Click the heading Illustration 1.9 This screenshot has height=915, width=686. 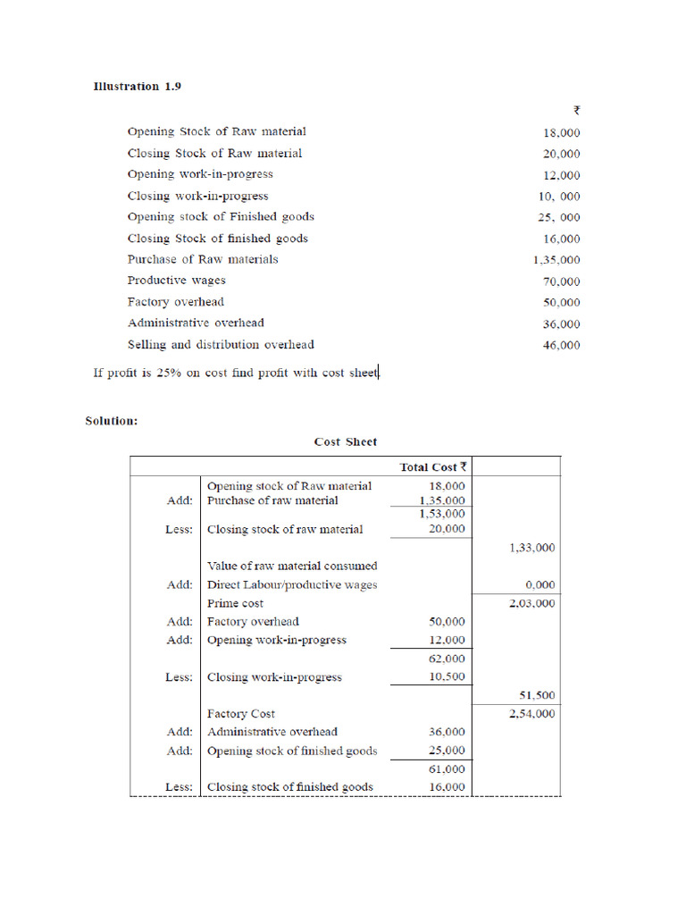138,87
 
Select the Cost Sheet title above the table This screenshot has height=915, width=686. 346,441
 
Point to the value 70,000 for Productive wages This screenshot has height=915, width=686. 561,281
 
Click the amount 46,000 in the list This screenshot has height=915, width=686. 561,346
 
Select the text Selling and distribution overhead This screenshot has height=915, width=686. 221,344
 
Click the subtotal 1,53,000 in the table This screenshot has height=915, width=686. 441,514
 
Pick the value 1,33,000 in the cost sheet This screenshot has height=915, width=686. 531,547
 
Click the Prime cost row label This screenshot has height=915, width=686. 235,603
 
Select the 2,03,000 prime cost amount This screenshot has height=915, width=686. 531,603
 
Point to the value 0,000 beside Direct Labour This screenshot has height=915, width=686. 540,584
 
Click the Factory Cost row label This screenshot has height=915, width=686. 241,714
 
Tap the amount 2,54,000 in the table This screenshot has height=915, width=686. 531,714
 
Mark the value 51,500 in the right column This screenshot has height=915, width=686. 537,695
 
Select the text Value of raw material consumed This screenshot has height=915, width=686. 292,566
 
